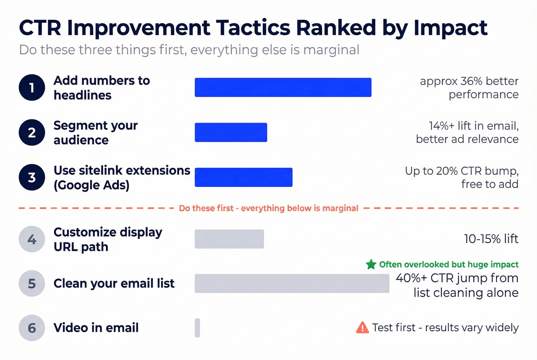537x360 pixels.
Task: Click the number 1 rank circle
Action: [32, 87]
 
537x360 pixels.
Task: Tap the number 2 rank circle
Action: [32, 132]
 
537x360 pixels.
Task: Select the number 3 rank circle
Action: [32, 177]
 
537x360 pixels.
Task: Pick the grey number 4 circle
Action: [32, 239]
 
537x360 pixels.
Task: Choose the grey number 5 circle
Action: [32, 283]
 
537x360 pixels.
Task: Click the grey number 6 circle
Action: [32, 328]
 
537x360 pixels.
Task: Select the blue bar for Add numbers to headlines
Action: [283, 87]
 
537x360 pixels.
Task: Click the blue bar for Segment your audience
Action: [231, 132]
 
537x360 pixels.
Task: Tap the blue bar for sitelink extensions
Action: [243, 177]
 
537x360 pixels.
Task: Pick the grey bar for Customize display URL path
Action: [229, 239]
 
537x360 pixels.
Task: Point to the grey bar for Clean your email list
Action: [292, 283]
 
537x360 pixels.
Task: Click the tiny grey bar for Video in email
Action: [197, 328]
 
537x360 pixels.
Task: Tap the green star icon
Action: [371, 264]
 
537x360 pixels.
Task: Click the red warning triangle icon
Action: [362, 328]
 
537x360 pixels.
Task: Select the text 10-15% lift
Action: [491, 239]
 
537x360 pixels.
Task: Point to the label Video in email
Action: [96, 328]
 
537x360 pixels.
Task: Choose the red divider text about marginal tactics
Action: [268, 208]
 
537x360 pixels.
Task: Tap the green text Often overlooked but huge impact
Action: [448, 264]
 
